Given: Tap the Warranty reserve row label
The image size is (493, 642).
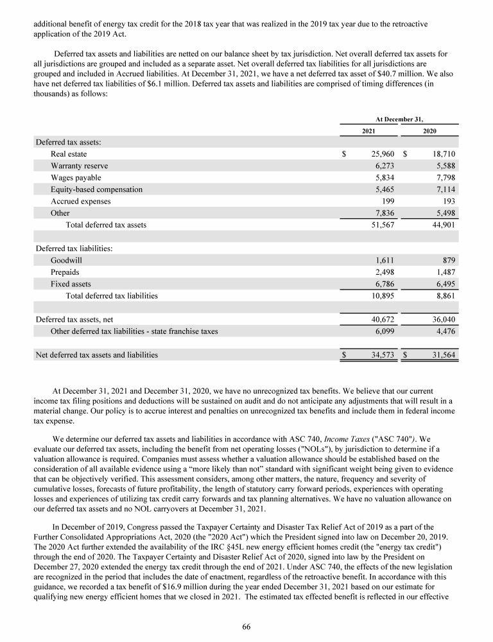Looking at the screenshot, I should coord(76,166).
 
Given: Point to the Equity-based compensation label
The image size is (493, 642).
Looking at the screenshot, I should coord(96,189).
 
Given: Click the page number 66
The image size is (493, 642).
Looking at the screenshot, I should coord(246,627).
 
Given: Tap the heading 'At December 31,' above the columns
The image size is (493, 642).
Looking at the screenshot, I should coord(399,119).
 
